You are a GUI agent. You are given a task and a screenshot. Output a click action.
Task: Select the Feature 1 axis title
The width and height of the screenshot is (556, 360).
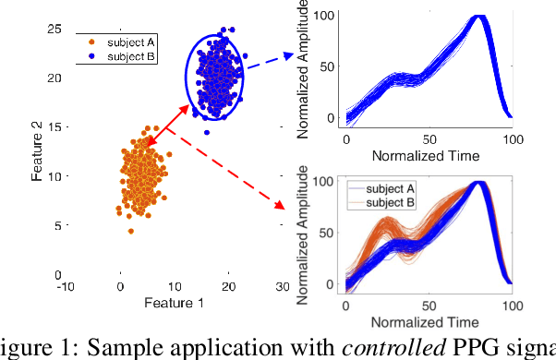[x=157, y=303]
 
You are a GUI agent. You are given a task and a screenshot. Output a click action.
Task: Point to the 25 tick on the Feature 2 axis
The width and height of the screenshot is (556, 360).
[x=54, y=29]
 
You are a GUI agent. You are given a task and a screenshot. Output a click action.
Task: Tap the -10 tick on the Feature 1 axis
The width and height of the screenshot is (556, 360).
[x=66, y=287]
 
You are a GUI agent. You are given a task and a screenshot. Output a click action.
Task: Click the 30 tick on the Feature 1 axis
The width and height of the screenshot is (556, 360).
[x=284, y=287]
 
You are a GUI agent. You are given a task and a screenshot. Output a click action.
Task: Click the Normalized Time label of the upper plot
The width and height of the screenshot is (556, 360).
[x=427, y=155]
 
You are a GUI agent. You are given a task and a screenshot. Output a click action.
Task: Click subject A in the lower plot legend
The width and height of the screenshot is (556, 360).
[x=388, y=190]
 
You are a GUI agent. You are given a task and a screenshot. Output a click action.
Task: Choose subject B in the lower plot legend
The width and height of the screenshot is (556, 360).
[x=388, y=202]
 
